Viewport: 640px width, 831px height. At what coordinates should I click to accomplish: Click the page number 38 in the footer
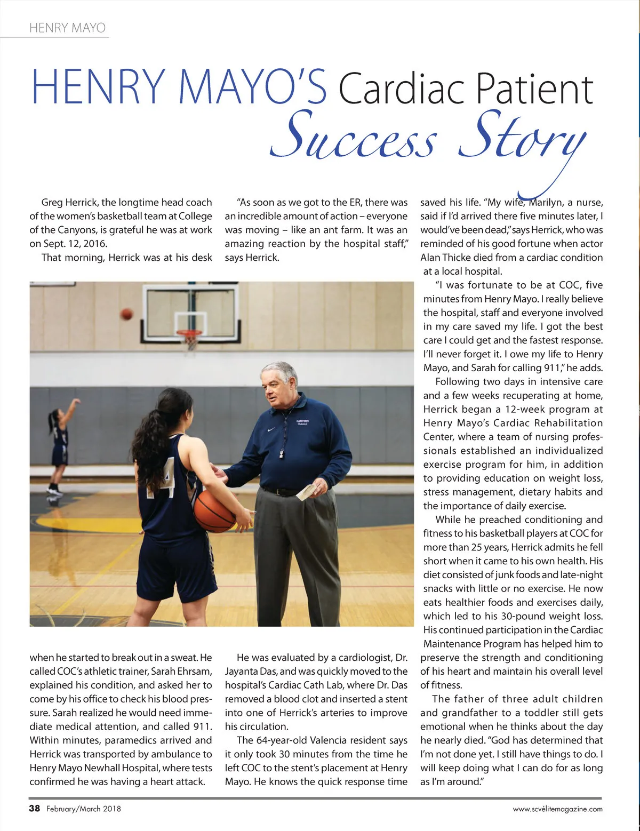pyautogui.click(x=35, y=808)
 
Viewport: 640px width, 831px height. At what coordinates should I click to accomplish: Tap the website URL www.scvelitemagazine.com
pyautogui.click(x=557, y=809)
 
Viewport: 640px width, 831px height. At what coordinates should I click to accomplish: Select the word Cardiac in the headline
pyautogui.click(x=402, y=89)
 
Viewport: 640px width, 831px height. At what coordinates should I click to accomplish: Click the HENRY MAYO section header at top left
pyautogui.click(x=67, y=28)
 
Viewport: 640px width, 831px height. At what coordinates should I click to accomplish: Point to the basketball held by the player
pyautogui.click(x=214, y=510)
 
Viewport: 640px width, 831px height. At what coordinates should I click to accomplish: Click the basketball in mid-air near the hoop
pyautogui.click(x=126, y=314)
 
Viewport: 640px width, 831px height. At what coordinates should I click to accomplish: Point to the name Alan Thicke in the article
pyautogui.click(x=446, y=258)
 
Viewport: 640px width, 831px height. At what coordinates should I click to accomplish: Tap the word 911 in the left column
pyautogui.click(x=203, y=726)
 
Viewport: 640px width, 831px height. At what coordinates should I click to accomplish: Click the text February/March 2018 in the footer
pyautogui.click(x=84, y=809)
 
